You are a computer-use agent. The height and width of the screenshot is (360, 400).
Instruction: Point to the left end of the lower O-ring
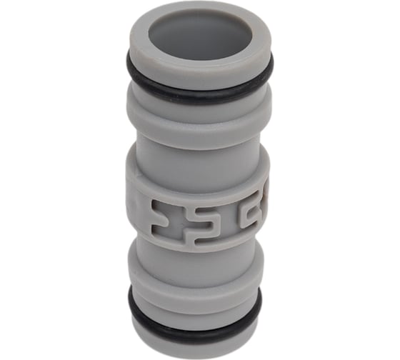tap(131, 300)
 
